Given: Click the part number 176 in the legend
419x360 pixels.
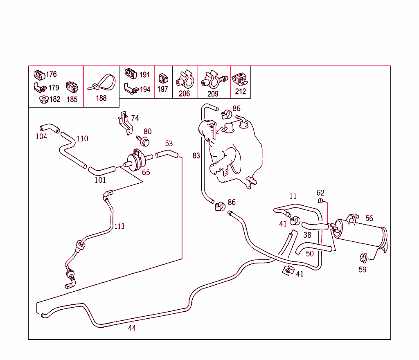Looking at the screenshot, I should [x=52, y=74].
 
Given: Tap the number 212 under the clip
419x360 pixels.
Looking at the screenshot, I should [x=241, y=92].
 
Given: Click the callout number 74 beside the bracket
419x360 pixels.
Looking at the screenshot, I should [x=135, y=118].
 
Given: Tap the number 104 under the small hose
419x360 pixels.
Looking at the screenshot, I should [x=41, y=137].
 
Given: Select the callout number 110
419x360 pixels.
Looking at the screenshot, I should [x=82, y=139].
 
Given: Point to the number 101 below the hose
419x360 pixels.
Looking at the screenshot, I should [x=100, y=180].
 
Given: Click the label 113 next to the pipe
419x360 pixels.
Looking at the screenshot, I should [x=119, y=227].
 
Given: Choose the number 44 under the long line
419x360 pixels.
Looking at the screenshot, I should [x=132, y=328].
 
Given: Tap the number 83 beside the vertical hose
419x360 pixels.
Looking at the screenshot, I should [x=196, y=156].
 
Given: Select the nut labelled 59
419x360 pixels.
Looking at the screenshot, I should [x=362, y=258].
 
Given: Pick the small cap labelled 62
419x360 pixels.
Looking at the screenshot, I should [x=321, y=201].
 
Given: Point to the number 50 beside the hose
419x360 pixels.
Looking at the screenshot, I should [x=310, y=254].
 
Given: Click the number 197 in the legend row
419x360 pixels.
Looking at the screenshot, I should [x=163, y=89].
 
